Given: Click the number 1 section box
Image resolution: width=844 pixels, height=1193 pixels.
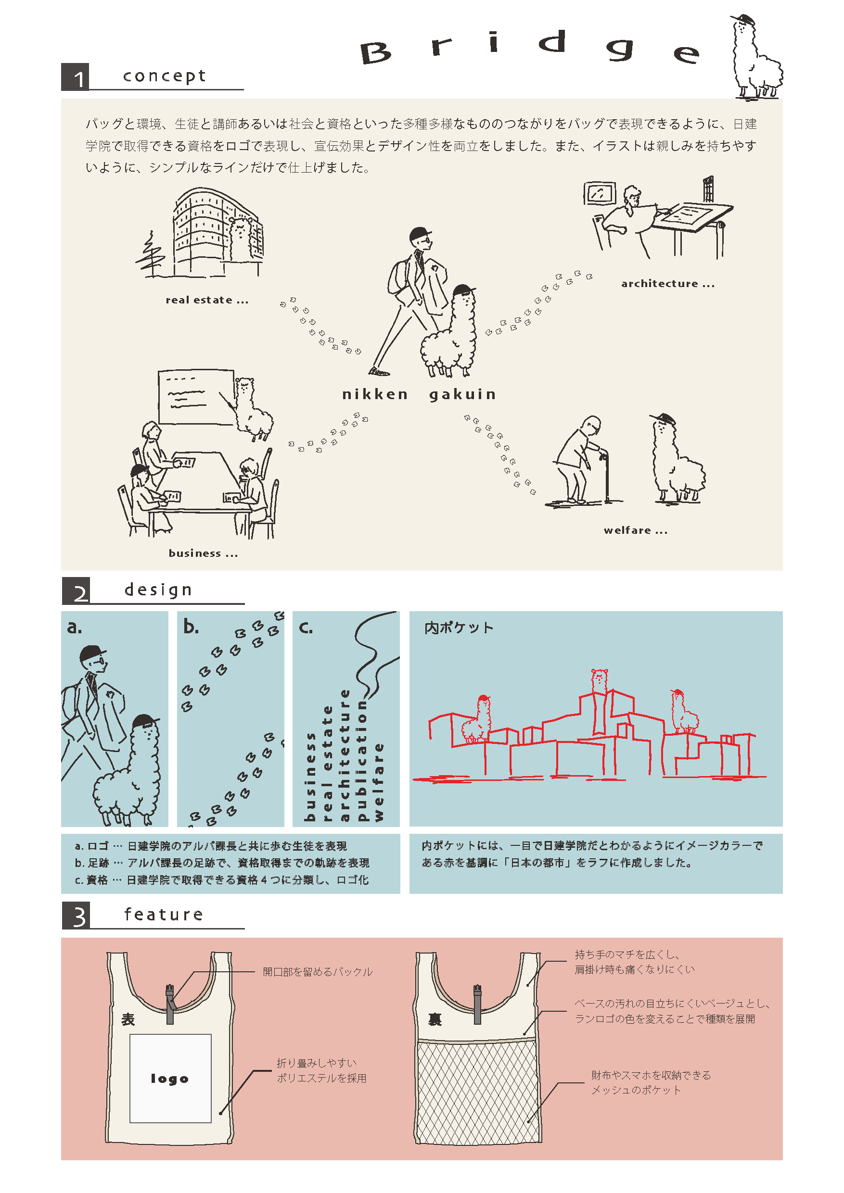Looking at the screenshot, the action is [x=75, y=77].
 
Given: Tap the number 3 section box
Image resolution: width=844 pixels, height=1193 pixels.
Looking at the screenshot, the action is [x=76, y=915].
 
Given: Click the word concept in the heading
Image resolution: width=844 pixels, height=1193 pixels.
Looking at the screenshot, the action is [x=165, y=76].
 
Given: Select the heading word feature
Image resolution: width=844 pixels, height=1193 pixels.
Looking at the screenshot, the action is [x=164, y=914].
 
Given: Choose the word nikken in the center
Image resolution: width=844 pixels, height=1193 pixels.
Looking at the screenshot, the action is [x=374, y=394].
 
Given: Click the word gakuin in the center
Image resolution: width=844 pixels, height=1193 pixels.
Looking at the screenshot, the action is [x=462, y=394].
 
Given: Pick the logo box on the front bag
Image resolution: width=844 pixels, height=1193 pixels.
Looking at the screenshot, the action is [x=170, y=1078].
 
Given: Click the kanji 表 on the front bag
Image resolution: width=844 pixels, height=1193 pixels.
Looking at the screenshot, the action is [x=128, y=1019].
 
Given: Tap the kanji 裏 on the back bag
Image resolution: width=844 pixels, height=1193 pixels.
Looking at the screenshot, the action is [x=435, y=1019].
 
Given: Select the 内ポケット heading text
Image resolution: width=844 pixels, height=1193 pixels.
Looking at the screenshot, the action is [x=459, y=628].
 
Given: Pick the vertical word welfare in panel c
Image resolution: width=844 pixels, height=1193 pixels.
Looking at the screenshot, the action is [x=379, y=782].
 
